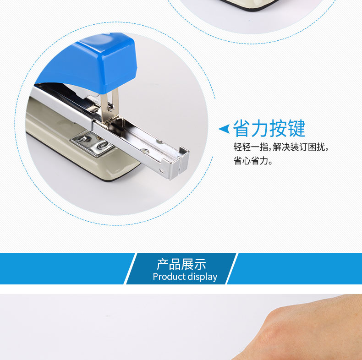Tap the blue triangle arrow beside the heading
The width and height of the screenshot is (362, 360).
coord(225,129)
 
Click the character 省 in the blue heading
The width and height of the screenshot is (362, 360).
coord(242,128)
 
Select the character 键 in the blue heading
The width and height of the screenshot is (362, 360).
coord(296,128)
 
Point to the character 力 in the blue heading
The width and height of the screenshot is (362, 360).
coord(260,128)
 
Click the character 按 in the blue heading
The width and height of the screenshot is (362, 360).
coord(278,128)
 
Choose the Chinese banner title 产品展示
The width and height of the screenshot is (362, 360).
coord(181,264)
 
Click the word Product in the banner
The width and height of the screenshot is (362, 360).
coord(169,277)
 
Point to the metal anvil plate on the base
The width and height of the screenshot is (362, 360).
coord(93,144)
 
